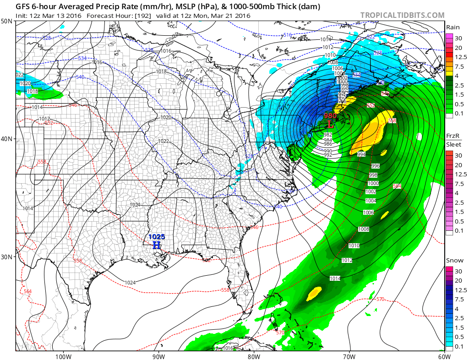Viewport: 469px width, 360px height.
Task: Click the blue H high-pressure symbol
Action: (x=157, y=245)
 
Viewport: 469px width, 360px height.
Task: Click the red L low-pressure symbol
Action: (x=330, y=124)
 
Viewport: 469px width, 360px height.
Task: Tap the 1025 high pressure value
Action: (x=157, y=237)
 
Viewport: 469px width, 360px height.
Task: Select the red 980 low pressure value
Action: (x=330, y=116)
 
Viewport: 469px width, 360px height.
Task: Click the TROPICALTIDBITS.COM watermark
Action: (x=402, y=15)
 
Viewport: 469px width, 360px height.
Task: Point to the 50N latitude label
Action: (x=7, y=21)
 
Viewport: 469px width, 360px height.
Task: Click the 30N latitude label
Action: (x=7, y=256)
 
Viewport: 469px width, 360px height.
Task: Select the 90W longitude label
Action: (x=158, y=356)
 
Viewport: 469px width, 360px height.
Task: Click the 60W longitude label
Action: (x=443, y=356)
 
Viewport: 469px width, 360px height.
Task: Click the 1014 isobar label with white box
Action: (x=335, y=278)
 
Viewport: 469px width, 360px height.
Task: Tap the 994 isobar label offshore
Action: (x=362, y=155)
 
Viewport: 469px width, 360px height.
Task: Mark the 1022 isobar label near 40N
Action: (x=163, y=141)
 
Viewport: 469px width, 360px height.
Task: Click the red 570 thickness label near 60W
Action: (x=380, y=299)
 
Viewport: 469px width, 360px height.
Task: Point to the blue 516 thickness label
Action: (x=287, y=35)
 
